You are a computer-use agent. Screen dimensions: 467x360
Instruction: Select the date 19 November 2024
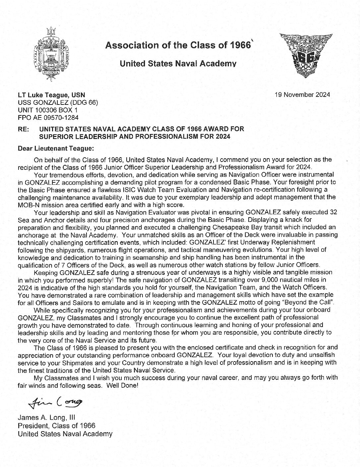coord(302,95)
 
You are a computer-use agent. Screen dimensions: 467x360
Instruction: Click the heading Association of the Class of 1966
coord(177,45)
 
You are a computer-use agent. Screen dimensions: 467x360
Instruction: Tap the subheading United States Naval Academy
coord(178,64)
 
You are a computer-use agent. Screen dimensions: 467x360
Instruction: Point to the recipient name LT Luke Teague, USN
coord(51,95)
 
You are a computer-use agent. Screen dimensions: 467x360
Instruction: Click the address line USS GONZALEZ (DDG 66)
coord(58,102)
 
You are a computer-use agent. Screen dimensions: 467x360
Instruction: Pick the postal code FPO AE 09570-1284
coord(48,117)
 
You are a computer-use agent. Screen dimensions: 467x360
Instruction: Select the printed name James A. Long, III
coord(48,418)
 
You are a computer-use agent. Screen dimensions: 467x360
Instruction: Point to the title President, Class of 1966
coord(56,426)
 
